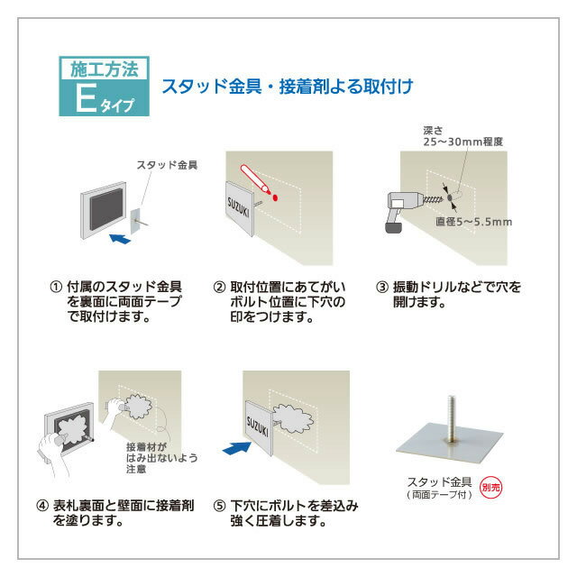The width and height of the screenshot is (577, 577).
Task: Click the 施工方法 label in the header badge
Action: click(103, 69)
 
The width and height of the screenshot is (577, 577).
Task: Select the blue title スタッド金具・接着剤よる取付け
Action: click(287, 87)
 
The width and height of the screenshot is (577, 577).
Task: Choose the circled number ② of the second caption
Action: click(219, 288)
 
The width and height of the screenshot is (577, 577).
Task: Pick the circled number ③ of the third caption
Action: click(382, 288)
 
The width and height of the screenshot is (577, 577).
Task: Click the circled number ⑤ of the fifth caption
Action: click(219, 506)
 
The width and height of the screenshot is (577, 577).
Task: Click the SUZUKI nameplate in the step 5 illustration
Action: click(264, 421)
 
